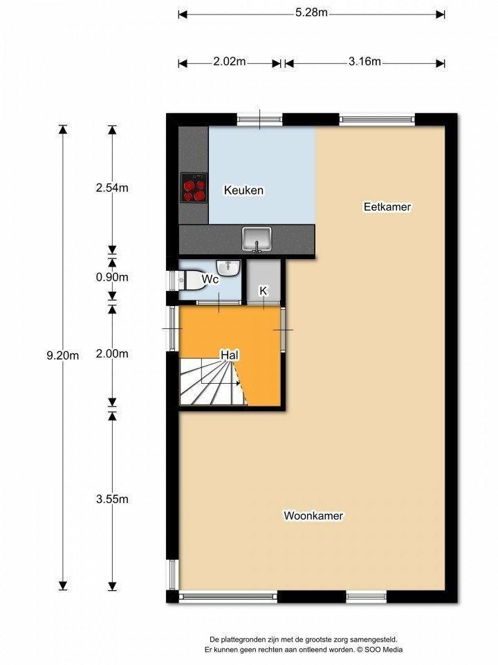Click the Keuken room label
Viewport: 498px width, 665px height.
(243, 190)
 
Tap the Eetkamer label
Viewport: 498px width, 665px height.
(387, 206)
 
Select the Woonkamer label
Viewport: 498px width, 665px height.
(313, 515)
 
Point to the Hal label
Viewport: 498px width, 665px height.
(230, 355)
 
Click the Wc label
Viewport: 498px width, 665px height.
(210, 279)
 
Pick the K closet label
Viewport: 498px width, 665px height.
(264, 291)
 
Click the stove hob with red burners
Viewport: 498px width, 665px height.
(194, 188)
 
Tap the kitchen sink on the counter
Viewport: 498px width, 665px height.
(257, 239)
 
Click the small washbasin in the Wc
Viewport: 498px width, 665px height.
(229, 267)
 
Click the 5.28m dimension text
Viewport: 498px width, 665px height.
(311, 12)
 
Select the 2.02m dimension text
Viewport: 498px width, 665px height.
(230, 62)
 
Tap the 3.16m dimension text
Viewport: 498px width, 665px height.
(365, 62)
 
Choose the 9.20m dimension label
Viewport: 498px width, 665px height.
(63, 355)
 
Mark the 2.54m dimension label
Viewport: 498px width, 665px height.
(112, 188)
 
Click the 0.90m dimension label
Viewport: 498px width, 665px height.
(112, 277)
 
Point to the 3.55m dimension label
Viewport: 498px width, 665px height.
(112, 499)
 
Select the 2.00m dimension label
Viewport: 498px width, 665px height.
(112, 354)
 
